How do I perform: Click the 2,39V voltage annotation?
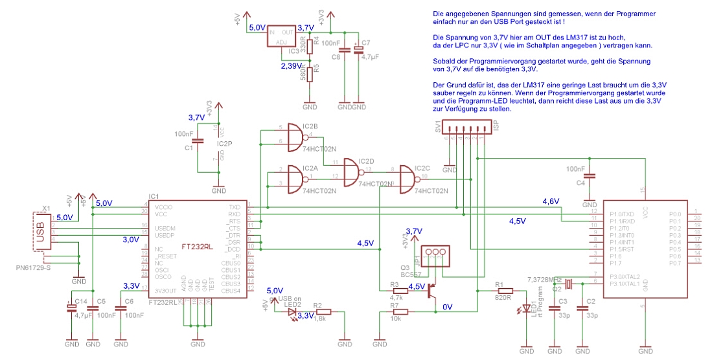(x=290, y=66)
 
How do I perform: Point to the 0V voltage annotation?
(x=447, y=306)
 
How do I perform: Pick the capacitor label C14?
(x=80, y=302)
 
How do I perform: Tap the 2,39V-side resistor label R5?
(x=316, y=69)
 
